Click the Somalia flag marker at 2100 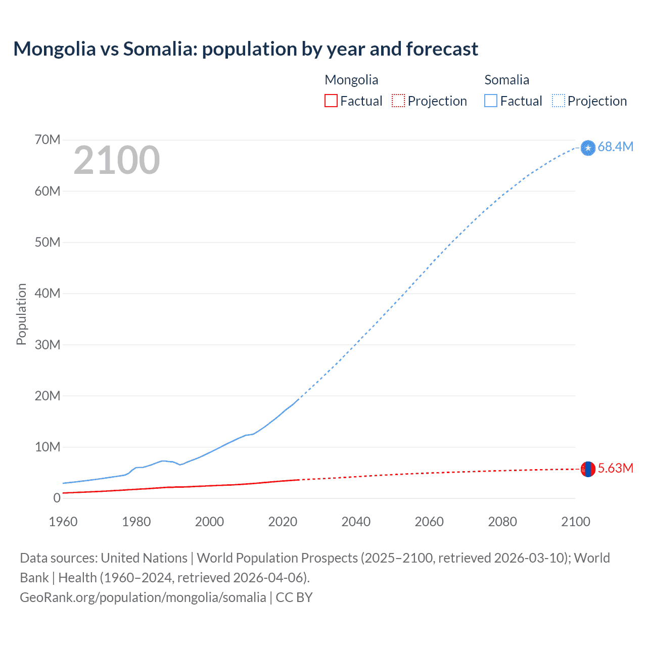click(x=588, y=148)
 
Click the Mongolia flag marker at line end click(x=588, y=469)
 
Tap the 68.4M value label click(x=615, y=147)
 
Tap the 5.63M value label click(x=615, y=468)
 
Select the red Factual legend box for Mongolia click(x=331, y=101)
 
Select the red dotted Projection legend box click(x=398, y=101)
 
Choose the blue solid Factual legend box click(x=490, y=101)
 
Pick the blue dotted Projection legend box click(x=559, y=101)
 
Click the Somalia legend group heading click(x=506, y=80)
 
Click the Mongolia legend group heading click(x=351, y=80)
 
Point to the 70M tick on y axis click(x=48, y=140)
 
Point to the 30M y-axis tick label click(x=48, y=345)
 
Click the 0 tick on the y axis click(x=57, y=498)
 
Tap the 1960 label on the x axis click(x=63, y=522)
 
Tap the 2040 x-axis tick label click(x=356, y=522)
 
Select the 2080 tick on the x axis click(x=502, y=522)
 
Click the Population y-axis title click(x=21, y=314)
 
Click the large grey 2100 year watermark click(x=117, y=160)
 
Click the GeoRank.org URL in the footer click(x=143, y=597)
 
